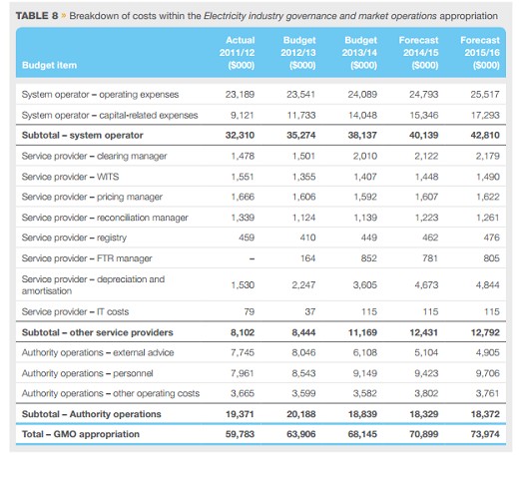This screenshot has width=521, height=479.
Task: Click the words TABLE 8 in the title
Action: (x=37, y=16)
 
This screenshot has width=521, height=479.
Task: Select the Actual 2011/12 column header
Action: (x=237, y=53)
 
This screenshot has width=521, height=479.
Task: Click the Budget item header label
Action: (x=49, y=65)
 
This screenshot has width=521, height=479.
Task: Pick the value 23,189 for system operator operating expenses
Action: (x=240, y=95)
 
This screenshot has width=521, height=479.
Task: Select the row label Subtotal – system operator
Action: (x=83, y=136)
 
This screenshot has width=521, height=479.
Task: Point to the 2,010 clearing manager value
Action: (x=365, y=156)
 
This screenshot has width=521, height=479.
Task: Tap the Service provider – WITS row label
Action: (x=70, y=177)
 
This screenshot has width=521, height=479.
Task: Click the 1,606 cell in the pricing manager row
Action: (x=303, y=197)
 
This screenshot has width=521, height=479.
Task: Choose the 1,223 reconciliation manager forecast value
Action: (x=426, y=218)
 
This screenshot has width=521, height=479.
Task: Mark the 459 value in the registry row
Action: (x=247, y=238)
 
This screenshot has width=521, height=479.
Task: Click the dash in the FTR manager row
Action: (x=252, y=258)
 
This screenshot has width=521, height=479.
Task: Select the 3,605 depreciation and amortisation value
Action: (x=365, y=285)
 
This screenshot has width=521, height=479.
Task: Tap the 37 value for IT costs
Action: (x=310, y=312)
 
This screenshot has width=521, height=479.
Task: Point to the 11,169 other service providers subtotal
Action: (x=362, y=332)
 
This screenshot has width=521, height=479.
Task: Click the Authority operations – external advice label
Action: (x=98, y=352)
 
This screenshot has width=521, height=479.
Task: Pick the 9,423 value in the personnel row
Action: (x=426, y=373)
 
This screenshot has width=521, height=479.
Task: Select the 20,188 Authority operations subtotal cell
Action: (x=301, y=414)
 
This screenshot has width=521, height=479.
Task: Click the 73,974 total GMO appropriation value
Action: (x=485, y=434)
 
